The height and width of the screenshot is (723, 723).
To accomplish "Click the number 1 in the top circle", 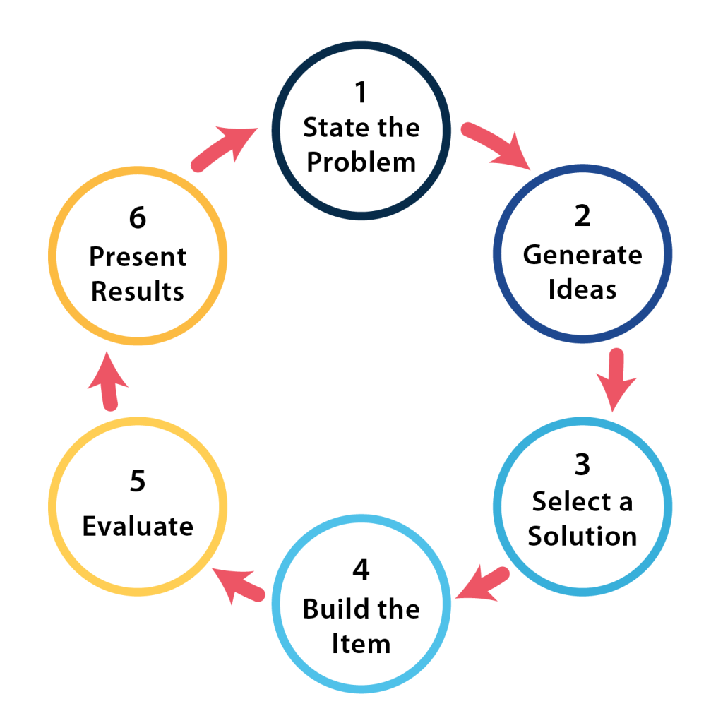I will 361,92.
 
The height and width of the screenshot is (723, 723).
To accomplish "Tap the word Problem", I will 361,163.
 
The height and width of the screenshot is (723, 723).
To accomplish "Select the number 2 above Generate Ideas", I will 582,217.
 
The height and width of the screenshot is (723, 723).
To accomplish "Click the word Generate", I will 582,254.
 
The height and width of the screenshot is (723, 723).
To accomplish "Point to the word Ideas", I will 582,289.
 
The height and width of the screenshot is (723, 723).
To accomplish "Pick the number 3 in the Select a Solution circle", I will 582,465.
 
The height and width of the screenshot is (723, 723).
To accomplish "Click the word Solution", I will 582,537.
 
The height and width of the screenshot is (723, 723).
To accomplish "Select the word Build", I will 331,609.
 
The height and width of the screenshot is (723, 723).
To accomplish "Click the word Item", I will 361,644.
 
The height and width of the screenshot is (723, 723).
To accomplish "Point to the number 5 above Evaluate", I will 138,482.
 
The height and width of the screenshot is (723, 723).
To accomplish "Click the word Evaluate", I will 138,526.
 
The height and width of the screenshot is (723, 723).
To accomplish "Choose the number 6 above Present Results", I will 138,218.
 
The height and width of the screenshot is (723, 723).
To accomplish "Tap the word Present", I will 138,256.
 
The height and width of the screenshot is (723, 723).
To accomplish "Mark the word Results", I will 138,291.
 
